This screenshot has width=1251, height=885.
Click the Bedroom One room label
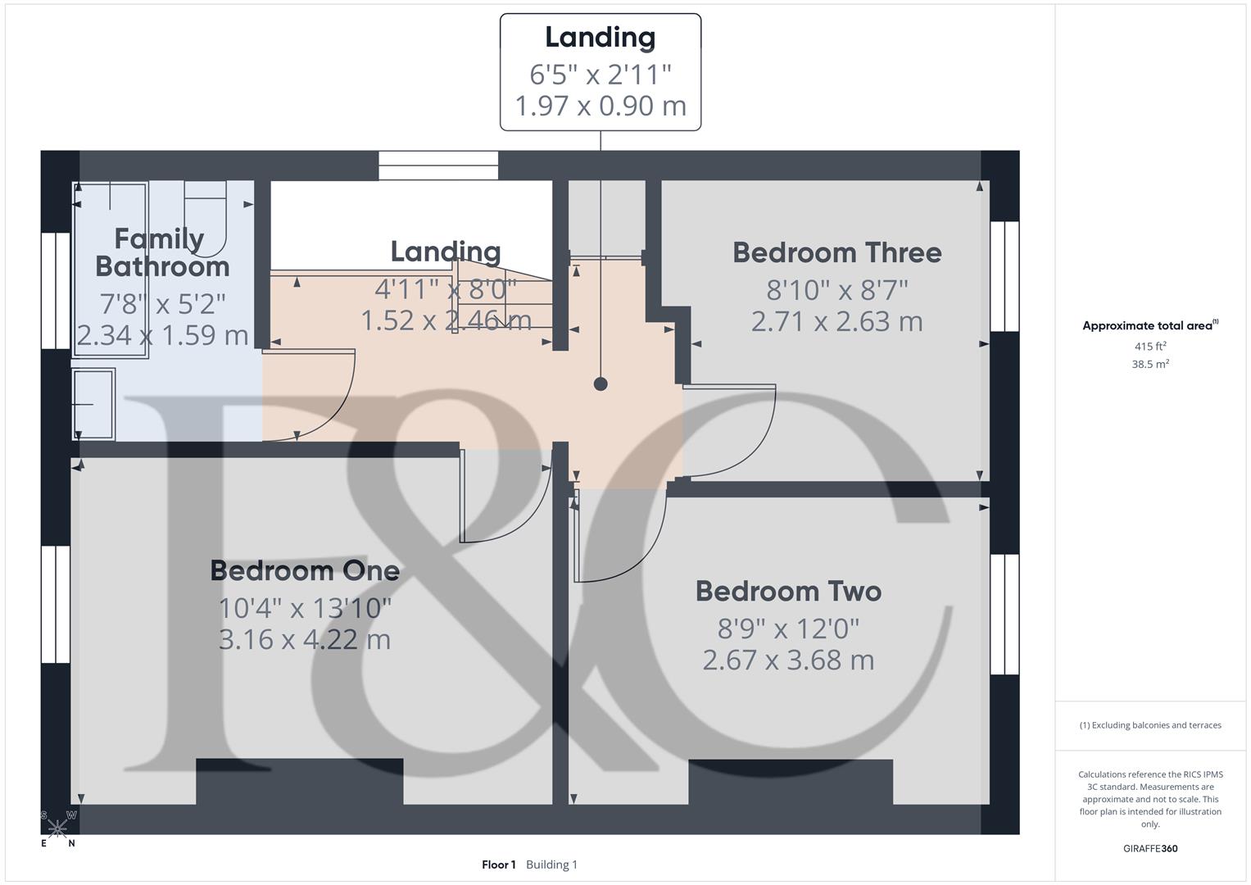[x=305, y=570]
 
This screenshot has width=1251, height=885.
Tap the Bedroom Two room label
[x=788, y=591]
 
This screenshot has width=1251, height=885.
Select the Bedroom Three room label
[x=836, y=252]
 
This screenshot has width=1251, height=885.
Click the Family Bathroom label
[x=161, y=252]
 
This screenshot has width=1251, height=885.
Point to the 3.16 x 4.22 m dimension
[x=305, y=639]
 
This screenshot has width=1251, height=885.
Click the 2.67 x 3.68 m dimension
[x=788, y=660]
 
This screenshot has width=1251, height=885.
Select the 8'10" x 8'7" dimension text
[x=837, y=290]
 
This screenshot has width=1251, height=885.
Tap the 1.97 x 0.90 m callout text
[x=601, y=106]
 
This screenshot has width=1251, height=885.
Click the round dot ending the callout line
[x=601, y=383]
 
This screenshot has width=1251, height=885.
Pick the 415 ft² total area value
[x=1150, y=347]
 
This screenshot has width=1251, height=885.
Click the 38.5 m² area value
[x=1150, y=364]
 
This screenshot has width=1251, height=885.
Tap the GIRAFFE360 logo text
[x=1150, y=848]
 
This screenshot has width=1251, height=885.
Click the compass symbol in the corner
[x=58, y=828]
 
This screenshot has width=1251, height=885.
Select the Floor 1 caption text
[x=498, y=865]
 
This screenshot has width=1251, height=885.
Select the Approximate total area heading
[x=1150, y=325]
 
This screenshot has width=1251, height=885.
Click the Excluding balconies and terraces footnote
[x=1150, y=725]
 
